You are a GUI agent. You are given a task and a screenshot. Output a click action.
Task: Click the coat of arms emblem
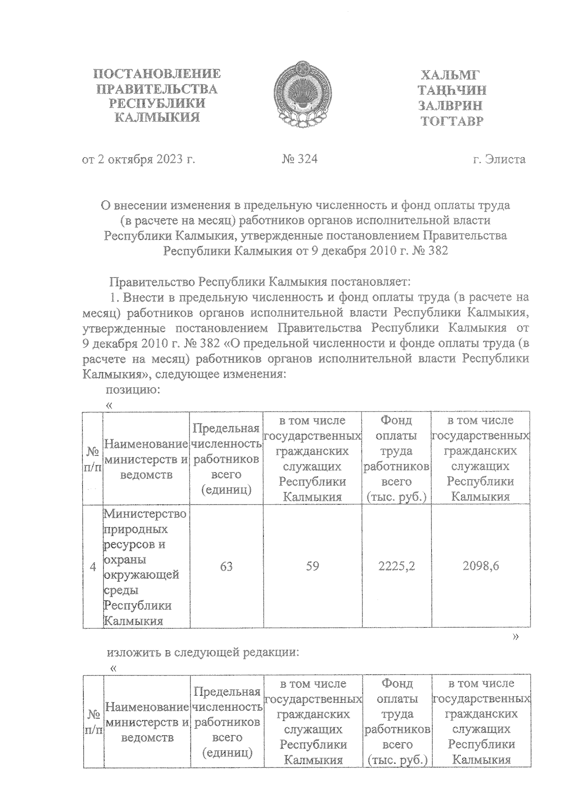(301, 96)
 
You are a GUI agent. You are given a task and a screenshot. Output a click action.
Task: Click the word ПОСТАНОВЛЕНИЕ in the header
(157, 74)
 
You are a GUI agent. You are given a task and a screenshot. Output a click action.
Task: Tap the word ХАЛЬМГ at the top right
(450, 76)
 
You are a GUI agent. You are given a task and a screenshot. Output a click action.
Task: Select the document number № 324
(300, 159)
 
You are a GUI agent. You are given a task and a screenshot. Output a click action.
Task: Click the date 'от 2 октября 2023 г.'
(138, 160)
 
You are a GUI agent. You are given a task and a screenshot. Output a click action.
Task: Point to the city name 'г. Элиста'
(499, 160)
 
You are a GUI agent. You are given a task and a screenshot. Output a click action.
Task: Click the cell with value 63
(226, 566)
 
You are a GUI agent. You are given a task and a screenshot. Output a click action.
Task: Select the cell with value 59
(312, 566)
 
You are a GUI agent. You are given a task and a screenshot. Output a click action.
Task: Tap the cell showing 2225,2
(396, 566)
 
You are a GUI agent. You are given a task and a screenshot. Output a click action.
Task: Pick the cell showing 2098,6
(481, 566)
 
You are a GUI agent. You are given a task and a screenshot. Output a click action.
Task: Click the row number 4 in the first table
(93, 566)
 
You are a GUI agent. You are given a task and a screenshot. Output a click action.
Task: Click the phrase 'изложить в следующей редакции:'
(204, 653)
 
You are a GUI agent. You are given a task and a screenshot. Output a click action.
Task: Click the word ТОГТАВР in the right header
(452, 122)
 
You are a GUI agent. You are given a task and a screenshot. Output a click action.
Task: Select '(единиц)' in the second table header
(227, 753)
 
